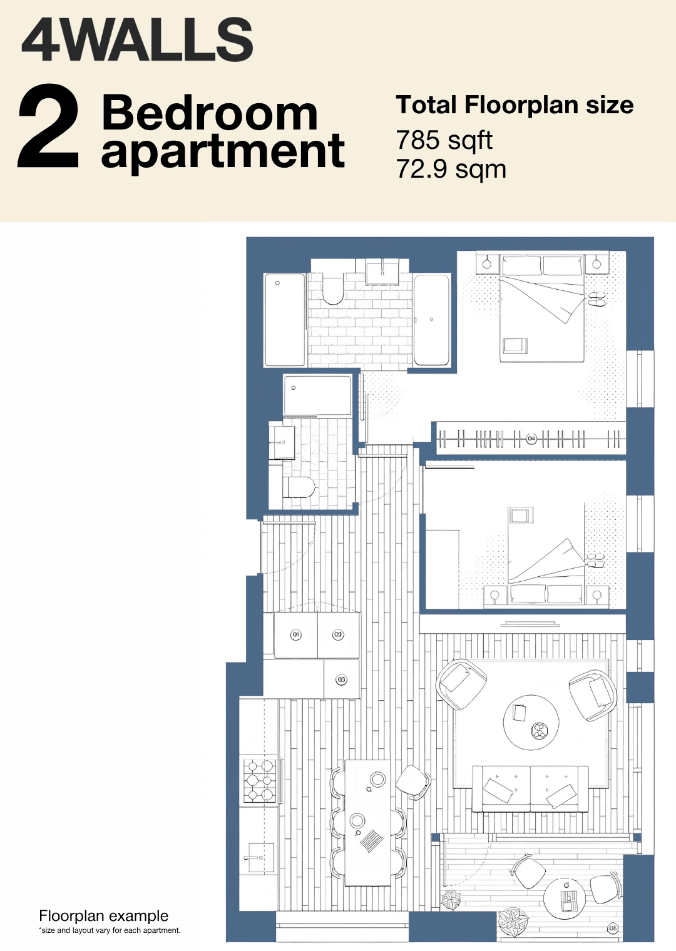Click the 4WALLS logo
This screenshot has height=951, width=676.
(137, 39)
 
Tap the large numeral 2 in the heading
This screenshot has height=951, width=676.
(48, 126)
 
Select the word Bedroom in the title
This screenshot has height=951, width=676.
(209, 113)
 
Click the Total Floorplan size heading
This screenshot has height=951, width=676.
(515, 104)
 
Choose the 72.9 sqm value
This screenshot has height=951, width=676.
(451, 169)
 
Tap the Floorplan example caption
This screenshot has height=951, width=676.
(104, 916)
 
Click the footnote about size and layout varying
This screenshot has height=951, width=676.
(110, 930)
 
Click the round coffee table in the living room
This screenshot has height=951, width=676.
(531, 723)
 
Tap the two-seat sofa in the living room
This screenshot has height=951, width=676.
(530, 789)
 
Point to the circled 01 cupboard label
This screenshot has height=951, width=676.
(295, 634)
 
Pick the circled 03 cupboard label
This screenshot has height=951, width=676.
(341, 679)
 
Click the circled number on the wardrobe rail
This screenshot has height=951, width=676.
(531, 438)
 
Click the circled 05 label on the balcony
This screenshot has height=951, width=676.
(613, 928)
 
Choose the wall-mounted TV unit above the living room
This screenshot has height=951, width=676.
(530, 624)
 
